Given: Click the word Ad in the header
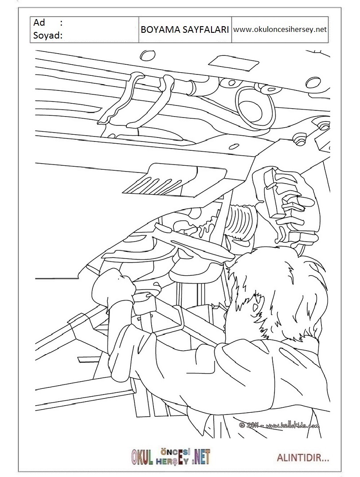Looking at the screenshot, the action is coord(39,23).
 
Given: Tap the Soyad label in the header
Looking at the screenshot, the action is coord(48,35).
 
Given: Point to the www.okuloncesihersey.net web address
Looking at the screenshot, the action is coord(280,30).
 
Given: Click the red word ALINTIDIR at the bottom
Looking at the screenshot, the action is coord(303,458).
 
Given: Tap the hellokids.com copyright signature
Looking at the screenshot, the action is coord(279,425).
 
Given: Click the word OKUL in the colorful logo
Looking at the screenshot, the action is coord(142,457).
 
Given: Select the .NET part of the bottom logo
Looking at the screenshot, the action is coord(201,457).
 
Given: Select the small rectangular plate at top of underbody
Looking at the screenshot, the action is coord(234,63).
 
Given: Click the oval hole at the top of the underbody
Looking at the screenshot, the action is coord(148,55).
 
